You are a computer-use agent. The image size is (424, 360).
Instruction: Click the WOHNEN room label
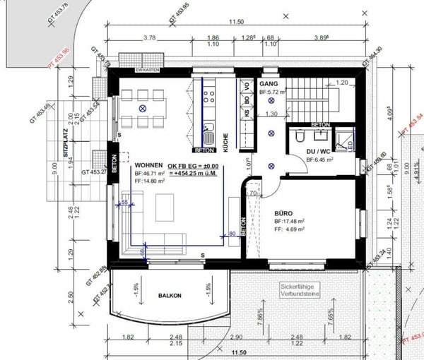150,162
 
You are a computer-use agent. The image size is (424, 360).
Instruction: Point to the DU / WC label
319,151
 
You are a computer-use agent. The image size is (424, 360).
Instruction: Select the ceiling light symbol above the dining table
143,109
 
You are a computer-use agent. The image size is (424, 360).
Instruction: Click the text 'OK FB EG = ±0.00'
193,167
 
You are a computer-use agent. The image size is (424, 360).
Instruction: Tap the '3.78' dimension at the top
149,37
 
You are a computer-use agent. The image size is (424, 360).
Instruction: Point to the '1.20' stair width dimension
343,83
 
